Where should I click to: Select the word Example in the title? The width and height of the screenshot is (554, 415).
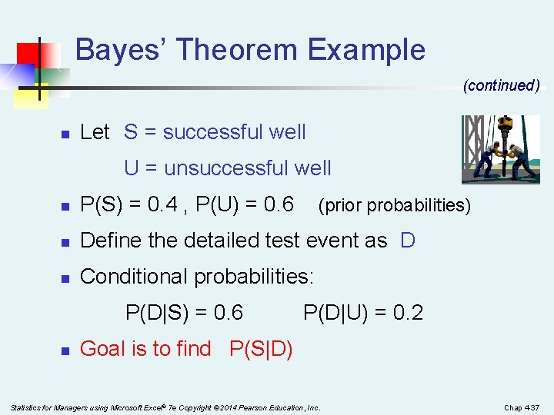tap(366, 50)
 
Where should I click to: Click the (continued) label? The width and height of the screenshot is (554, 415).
tap(501, 85)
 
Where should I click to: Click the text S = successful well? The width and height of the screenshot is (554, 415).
tap(215, 132)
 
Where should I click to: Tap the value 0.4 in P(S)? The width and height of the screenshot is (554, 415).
tap(164, 204)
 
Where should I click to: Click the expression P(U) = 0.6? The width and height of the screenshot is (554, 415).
tap(245, 204)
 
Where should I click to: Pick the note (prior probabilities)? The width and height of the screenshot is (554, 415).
tap(393, 206)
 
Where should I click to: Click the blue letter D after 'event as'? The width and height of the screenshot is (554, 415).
tap(408, 241)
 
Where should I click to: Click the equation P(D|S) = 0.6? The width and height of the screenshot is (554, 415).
tap(184, 313)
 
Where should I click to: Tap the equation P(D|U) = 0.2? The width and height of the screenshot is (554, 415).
tap(363, 313)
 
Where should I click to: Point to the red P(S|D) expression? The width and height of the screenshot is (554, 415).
tap(261, 349)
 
